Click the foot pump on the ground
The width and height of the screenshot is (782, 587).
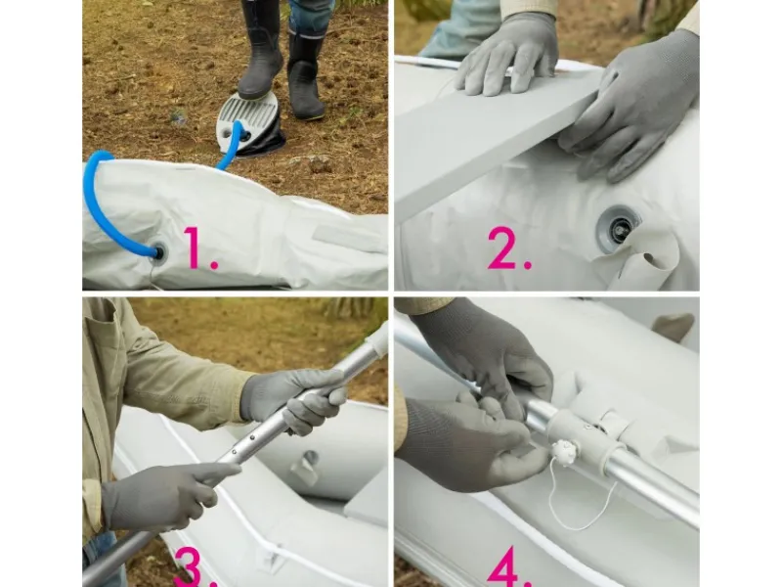click(249, 124)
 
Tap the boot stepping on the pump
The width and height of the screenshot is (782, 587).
click(260, 50)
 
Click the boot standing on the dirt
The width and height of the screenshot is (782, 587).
click(305, 75)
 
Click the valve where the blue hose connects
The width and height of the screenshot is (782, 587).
click(158, 251)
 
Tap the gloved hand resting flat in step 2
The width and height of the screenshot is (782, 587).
click(507, 54)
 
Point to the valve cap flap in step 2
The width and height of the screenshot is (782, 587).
click(647, 259)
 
